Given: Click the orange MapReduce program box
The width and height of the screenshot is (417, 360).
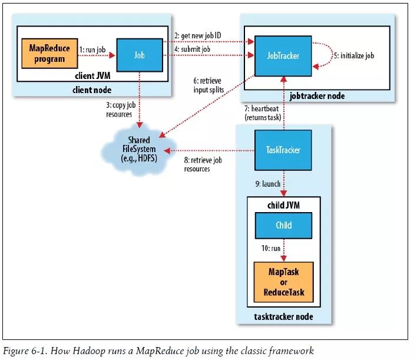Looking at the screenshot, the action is (x=49, y=54).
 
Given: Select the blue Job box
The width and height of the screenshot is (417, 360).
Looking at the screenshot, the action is (x=140, y=55).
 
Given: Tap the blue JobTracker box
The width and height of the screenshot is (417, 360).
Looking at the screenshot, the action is (x=283, y=56).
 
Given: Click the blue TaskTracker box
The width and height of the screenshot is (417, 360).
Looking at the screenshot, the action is (x=283, y=150).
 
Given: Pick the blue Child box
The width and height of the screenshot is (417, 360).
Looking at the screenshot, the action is (x=283, y=225).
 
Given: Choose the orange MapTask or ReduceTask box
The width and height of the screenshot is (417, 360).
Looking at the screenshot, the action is (x=283, y=282).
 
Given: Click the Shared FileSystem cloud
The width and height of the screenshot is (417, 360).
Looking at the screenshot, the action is (x=139, y=150).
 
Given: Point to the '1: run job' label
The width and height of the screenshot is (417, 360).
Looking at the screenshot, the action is (x=92, y=49).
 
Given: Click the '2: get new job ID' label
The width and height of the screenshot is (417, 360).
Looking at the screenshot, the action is (x=197, y=35).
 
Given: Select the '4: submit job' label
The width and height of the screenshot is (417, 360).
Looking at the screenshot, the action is (x=192, y=49).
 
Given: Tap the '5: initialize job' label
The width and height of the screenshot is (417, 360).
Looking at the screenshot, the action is (x=354, y=55).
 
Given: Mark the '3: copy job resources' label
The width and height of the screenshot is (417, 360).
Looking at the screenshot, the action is (x=121, y=110).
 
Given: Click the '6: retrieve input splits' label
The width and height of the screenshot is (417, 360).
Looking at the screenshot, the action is (x=208, y=85).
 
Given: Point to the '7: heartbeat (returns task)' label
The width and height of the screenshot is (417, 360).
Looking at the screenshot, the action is (x=263, y=113).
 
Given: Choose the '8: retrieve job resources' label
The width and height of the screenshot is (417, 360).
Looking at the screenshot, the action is (x=203, y=164).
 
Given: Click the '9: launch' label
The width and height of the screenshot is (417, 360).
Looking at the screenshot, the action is (x=268, y=184).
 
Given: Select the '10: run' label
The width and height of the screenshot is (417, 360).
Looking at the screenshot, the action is (x=271, y=248).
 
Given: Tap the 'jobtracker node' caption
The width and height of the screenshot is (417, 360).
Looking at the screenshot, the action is (x=317, y=96).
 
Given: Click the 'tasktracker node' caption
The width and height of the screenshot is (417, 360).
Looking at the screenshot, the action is (x=283, y=316).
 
